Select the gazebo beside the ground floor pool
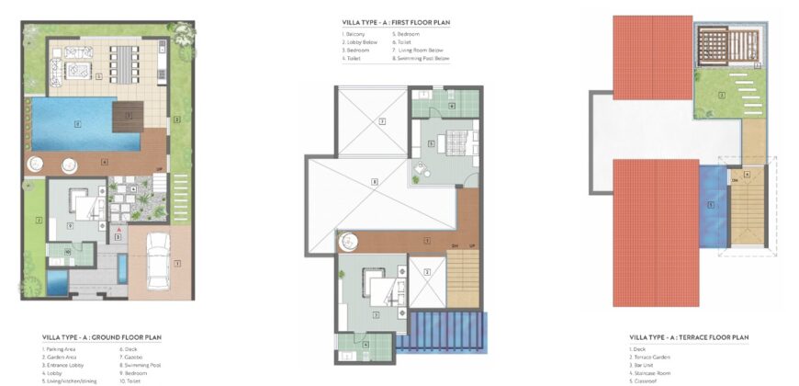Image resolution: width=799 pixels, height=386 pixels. click(x=128, y=118)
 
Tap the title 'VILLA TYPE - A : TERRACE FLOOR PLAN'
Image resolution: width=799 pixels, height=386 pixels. click(x=690, y=338)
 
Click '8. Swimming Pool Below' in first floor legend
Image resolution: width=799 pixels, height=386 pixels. click(x=422, y=58)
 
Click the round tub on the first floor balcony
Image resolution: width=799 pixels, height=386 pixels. click(x=350, y=241)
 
